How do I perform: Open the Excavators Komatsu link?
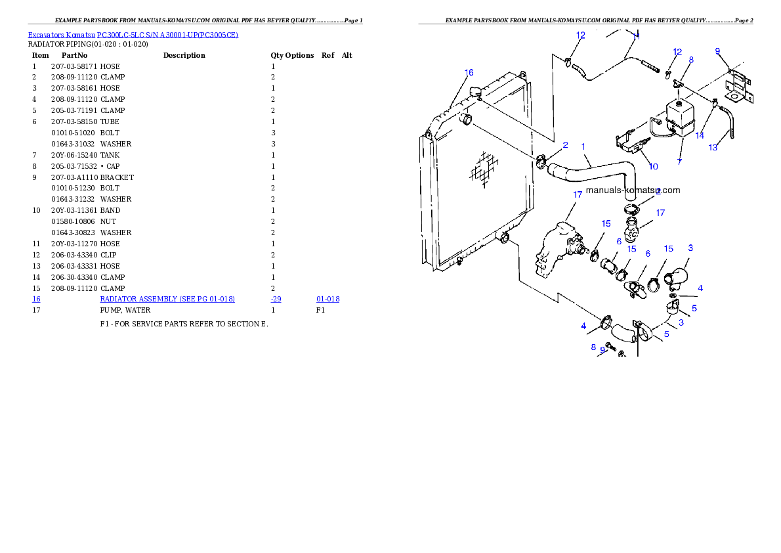click(x=61, y=35)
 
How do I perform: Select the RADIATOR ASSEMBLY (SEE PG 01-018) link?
click(x=167, y=299)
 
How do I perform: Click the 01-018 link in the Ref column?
click(x=327, y=299)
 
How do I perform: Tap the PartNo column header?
click(x=74, y=55)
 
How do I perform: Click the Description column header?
click(x=184, y=55)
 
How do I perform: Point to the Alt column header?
click(x=347, y=55)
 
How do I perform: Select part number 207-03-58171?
click(x=74, y=66)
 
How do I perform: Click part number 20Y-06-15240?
click(x=74, y=155)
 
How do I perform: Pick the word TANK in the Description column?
click(x=110, y=155)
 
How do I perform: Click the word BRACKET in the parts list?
click(x=117, y=177)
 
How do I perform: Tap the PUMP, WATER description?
click(x=125, y=310)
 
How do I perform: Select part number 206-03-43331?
click(x=74, y=266)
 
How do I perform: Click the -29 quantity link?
click(x=276, y=299)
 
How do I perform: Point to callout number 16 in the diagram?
click(x=469, y=73)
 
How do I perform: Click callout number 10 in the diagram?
click(x=654, y=167)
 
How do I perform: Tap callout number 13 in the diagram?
click(x=713, y=148)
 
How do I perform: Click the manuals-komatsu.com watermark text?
click(x=633, y=190)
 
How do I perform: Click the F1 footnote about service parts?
click(x=184, y=324)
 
